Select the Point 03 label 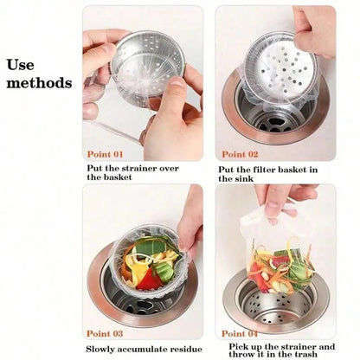pyautogui.click(x=106, y=332)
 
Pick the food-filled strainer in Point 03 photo pyautogui.click(x=156, y=259)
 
